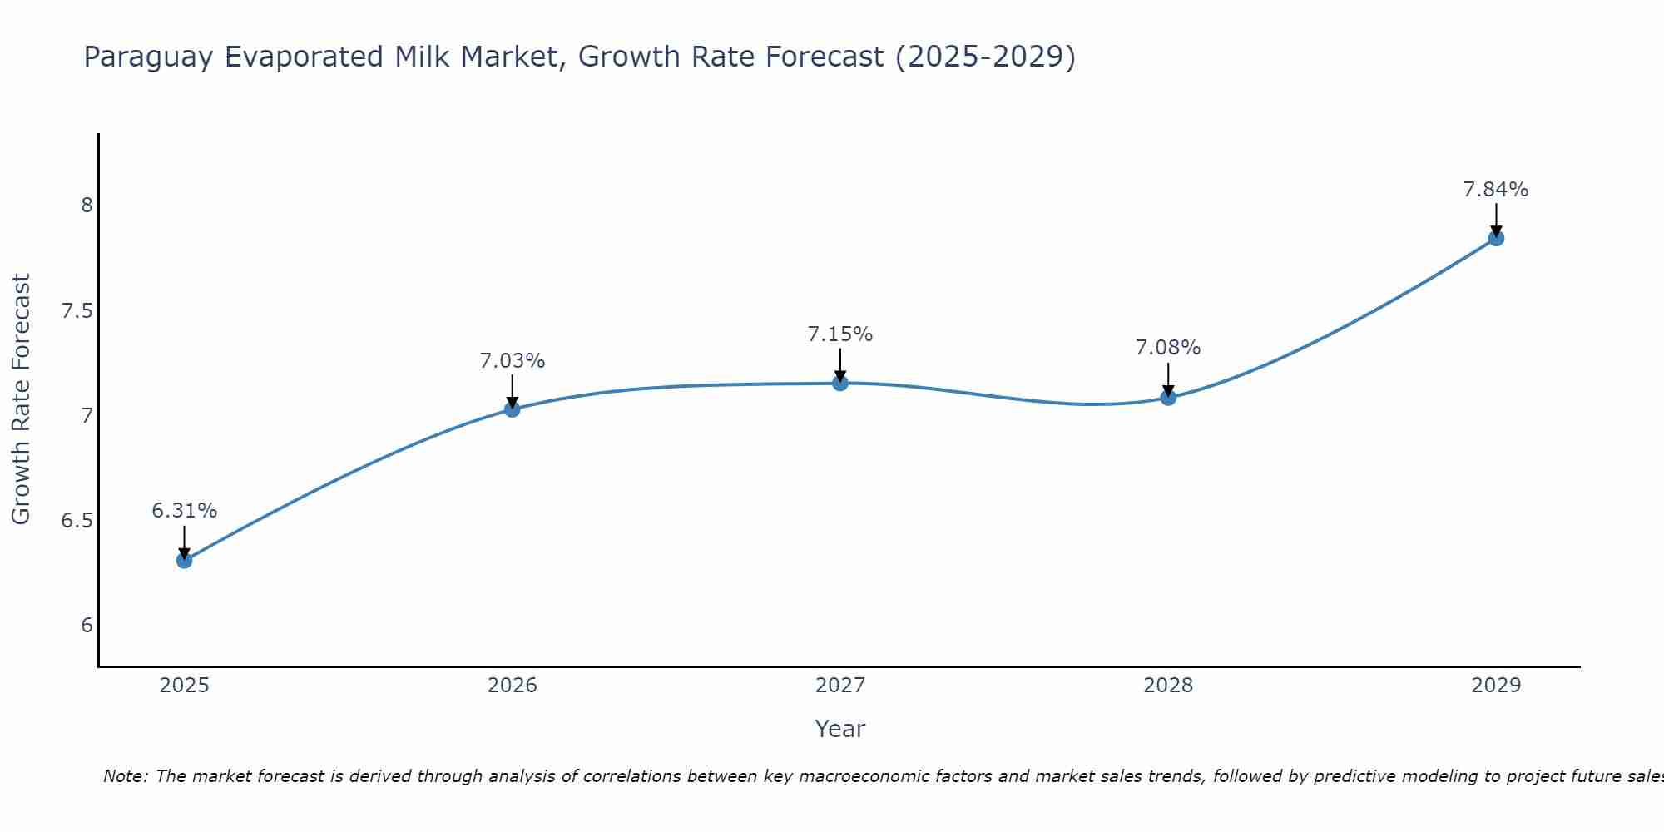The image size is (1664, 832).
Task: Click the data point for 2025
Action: tap(184, 560)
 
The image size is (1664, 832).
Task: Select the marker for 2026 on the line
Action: tap(512, 409)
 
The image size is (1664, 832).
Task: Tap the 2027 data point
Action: tap(840, 383)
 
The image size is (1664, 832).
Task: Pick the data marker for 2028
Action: tap(1168, 398)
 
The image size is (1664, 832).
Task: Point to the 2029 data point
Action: tap(1496, 238)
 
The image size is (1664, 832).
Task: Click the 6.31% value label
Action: tap(184, 510)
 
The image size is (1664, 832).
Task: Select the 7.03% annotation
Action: tap(512, 361)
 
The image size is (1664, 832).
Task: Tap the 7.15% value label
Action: tap(840, 334)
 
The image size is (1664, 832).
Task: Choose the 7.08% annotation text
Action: tap(1168, 348)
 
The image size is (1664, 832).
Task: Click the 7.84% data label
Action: tap(1496, 190)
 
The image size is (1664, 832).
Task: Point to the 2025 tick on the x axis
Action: tap(184, 686)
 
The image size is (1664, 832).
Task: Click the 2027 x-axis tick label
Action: tap(840, 686)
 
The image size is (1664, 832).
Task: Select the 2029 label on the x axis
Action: tap(1496, 686)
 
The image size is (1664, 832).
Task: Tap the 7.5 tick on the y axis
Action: tap(76, 311)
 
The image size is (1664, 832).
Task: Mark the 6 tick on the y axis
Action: tap(87, 626)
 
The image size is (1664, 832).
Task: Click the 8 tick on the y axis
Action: tap(87, 205)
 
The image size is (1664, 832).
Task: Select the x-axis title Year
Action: tap(840, 729)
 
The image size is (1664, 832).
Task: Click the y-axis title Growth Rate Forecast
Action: tap(22, 399)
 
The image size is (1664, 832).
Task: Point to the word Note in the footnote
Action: tap(125, 776)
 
